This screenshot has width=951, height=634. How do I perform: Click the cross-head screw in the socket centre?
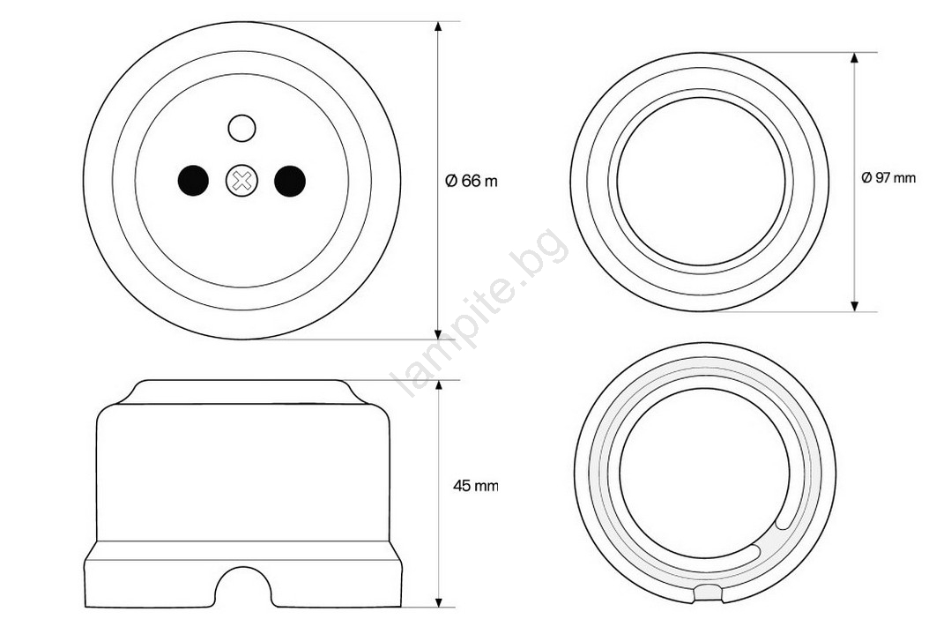click(x=241, y=181)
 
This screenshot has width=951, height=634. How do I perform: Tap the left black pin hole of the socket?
click(x=193, y=181)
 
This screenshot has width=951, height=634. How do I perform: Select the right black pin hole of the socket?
click(x=290, y=181)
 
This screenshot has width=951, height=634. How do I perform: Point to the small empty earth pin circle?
click(x=241, y=128)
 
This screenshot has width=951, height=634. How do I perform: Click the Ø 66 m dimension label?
click(x=472, y=181)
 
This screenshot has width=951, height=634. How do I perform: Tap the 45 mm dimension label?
click(x=476, y=485)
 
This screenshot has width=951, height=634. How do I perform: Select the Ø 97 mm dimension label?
click(x=888, y=178)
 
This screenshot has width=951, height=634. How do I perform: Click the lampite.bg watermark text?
click(x=482, y=312)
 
